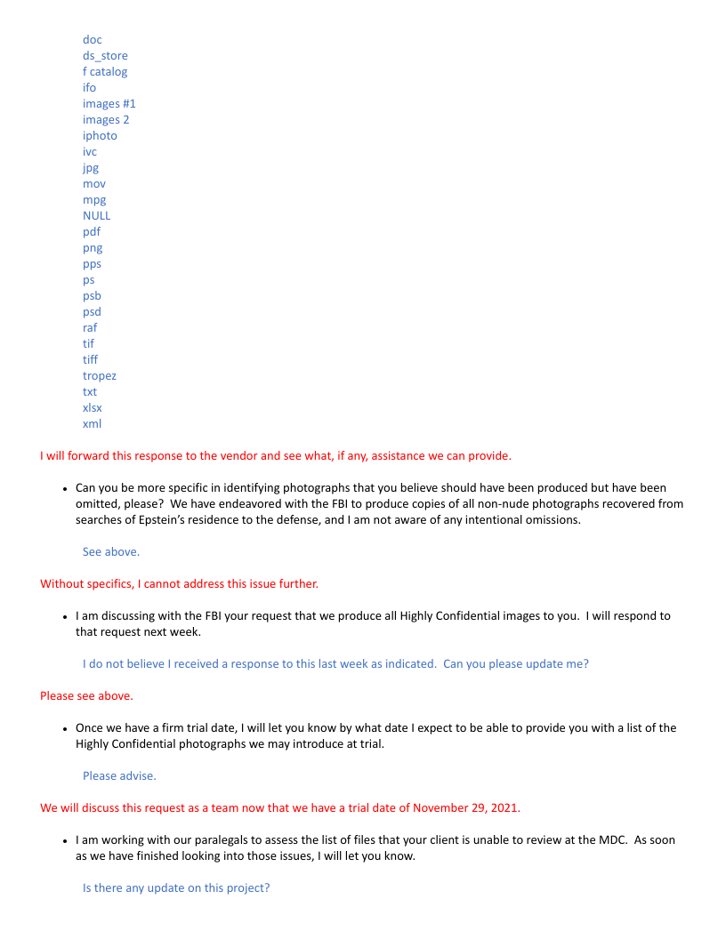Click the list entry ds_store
pyautogui.click(x=105, y=56)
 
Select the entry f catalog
pyautogui.click(x=105, y=72)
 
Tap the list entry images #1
pyautogui.click(x=109, y=104)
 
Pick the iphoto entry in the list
pyautogui.click(x=100, y=136)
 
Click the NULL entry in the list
pyautogui.click(x=97, y=216)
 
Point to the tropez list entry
pyautogui.click(x=100, y=376)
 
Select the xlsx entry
pyautogui.click(x=93, y=408)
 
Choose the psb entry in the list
pyautogui.click(x=93, y=296)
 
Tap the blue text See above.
pyautogui.click(x=111, y=552)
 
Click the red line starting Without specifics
pyautogui.click(x=179, y=584)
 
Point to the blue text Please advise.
pyautogui.click(x=119, y=776)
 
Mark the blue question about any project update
pyautogui.click(x=176, y=888)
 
